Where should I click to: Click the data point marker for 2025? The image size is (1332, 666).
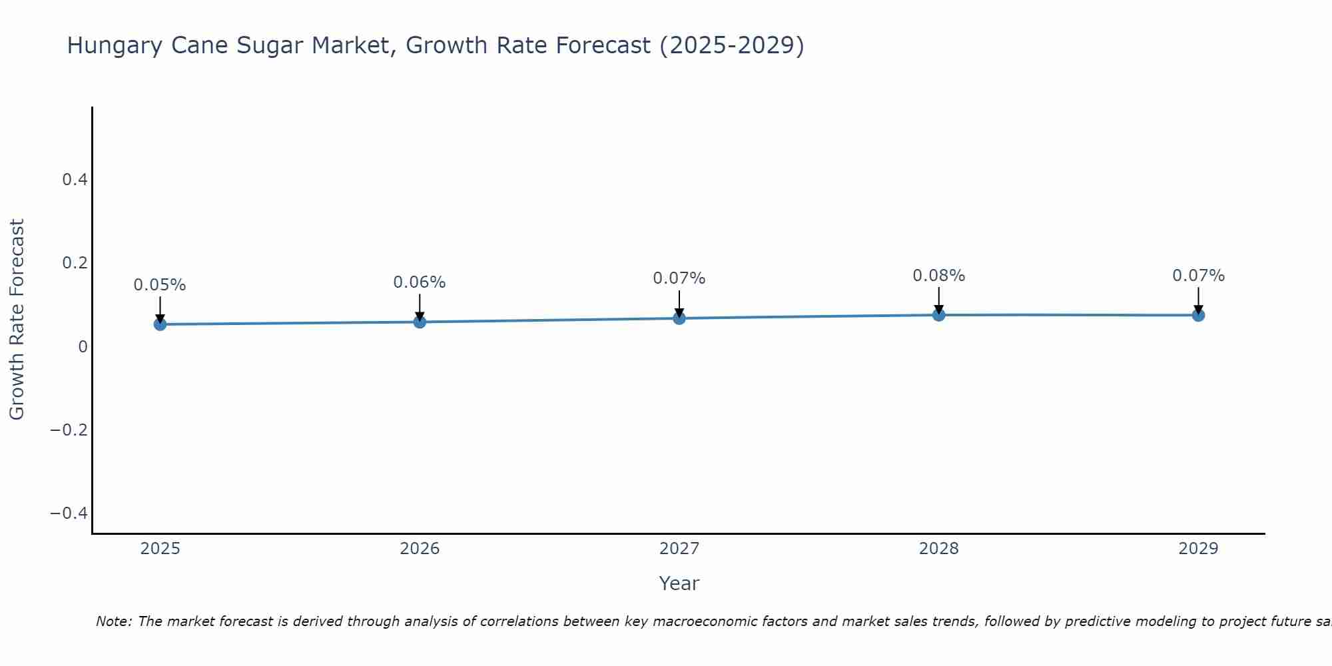pyautogui.click(x=160, y=324)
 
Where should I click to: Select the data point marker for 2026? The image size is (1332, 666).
pyautogui.click(x=420, y=322)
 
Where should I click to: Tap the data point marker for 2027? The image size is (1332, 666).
pyautogui.click(x=679, y=318)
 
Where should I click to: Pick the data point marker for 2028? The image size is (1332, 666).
pyautogui.click(x=938, y=315)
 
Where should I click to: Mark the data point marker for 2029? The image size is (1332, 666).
pyautogui.click(x=1198, y=315)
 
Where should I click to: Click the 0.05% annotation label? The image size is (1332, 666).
pyautogui.click(x=160, y=285)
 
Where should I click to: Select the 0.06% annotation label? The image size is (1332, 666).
pyautogui.click(x=420, y=282)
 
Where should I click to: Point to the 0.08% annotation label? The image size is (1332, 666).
pyautogui.click(x=938, y=276)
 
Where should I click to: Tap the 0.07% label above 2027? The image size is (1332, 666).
pyautogui.click(x=679, y=278)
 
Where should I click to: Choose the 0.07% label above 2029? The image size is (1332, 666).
pyautogui.click(x=1198, y=276)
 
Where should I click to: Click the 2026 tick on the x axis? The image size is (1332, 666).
pyautogui.click(x=420, y=549)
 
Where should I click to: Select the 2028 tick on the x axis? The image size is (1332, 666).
pyautogui.click(x=938, y=549)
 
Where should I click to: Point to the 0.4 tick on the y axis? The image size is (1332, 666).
pyautogui.click(x=75, y=180)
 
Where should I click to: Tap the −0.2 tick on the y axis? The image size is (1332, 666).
pyautogui.click(x=69, y=430)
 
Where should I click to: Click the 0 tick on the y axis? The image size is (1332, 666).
pyautogui.click(x=83, y=346)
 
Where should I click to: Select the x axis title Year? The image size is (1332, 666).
pyautogui.click(x=679, y=583)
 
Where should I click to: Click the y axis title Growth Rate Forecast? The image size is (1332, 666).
pyautogui.click(x=17, y=320)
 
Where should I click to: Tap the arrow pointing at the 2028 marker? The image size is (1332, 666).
pyautogui.click(x=938, y=299)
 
